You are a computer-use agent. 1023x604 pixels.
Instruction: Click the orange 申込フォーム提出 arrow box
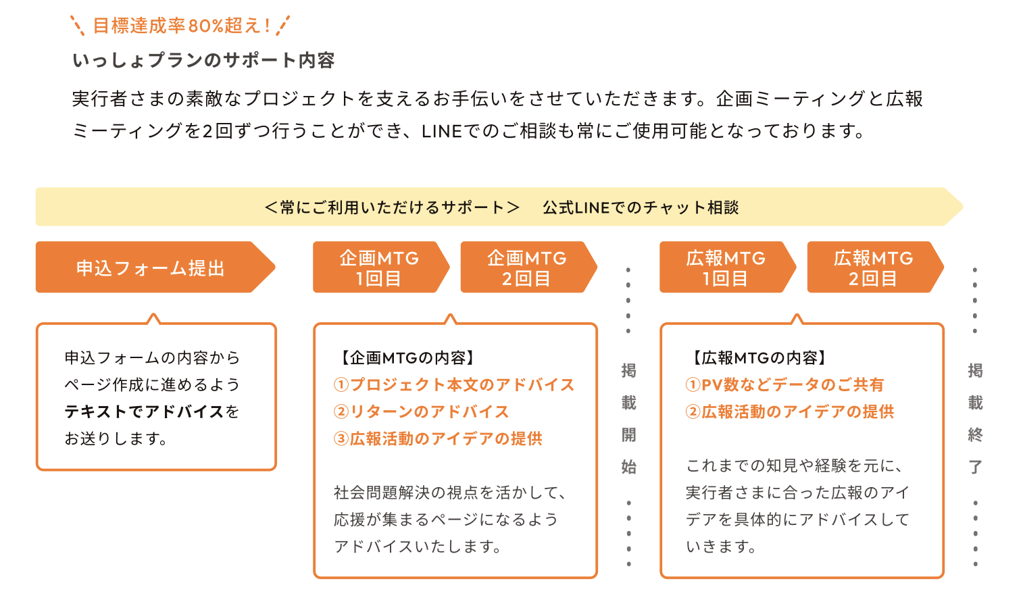(155, 267)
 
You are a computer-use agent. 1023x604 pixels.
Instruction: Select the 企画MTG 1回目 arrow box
(381, 267)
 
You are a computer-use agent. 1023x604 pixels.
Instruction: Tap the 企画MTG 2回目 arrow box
(529, 267)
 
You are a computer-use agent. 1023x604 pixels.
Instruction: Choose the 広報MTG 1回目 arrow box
(728, 267)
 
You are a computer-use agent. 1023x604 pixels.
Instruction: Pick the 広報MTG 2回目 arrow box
(876, 267)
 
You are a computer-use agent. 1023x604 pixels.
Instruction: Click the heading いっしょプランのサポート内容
(203, 60)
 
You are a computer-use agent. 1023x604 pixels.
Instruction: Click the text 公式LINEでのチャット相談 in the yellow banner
(641, 207)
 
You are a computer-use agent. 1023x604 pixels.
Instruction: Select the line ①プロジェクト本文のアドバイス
(454, 385)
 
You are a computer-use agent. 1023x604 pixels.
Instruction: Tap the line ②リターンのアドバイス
(421, 412)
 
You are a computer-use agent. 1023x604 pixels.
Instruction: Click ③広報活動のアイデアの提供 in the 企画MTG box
(438, 438)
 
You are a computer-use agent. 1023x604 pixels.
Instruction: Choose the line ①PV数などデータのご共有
(785, 385)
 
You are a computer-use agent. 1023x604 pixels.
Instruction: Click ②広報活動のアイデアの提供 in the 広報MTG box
(790, 412)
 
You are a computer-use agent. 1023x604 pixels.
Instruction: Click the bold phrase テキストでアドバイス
(144, 412)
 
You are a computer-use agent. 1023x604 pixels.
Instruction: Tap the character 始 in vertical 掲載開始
(629, 467)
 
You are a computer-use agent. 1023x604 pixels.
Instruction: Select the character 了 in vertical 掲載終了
(976, 467)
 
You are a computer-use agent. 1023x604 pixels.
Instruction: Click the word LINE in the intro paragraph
(442, 132)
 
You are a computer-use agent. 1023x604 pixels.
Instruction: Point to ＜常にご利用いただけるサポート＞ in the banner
(392, 207)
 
